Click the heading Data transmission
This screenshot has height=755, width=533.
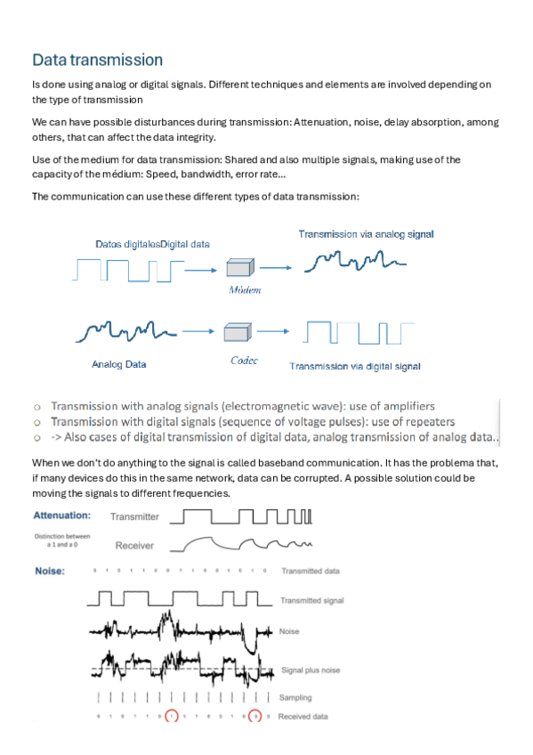point(97,61)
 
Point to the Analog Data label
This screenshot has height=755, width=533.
point(118,364)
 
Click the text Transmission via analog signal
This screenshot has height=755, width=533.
point(366,234)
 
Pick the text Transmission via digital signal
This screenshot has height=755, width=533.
point(354,366)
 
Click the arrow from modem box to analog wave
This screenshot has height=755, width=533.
point(278,266)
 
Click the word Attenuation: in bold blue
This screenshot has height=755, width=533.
point(61,516)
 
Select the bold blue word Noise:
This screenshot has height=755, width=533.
point(49,571)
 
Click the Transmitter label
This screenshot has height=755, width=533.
point(134,516)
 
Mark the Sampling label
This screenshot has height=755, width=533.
point(296,697)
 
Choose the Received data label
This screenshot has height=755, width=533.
point(303,716)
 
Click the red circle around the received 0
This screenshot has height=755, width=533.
point(255,716)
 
